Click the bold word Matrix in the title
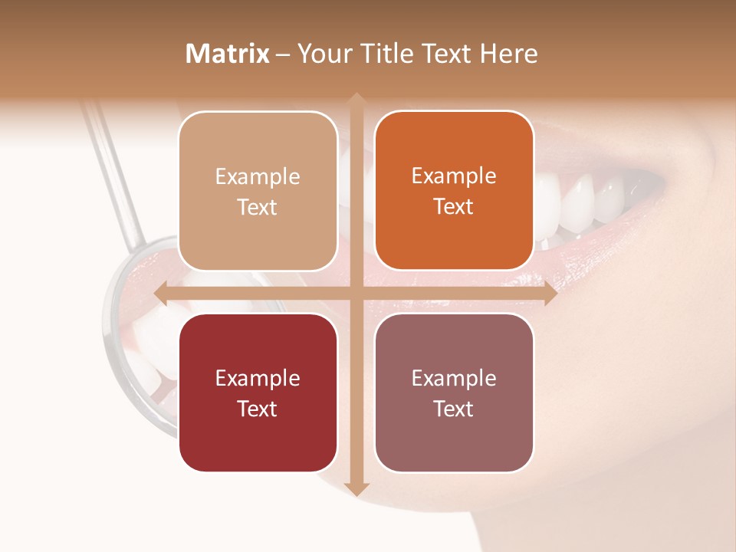coord(228,54)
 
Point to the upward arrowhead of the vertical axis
coord(356,100)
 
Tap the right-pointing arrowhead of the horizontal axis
coord(550,294)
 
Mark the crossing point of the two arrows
coord(356,294)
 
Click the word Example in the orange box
coord(454,176)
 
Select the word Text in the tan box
coord(258,208)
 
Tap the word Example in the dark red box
coord(258,378)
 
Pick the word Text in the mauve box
coord(454,409)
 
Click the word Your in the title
coord(322,54)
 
